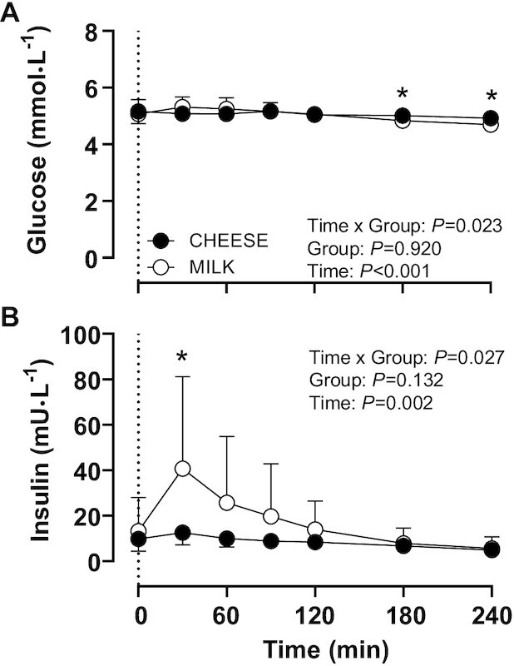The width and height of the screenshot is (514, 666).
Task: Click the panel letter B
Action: pyautogui.click(x=10, y=317)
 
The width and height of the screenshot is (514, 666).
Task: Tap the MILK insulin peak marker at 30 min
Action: pyautogui.click(x=183, y=469)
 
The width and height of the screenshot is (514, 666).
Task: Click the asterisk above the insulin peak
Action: pyautogui.click(x=183, y=359)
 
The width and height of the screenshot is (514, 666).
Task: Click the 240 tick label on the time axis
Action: pyautogui.click(x=491, y=596)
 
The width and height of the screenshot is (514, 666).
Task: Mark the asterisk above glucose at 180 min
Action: pyautogui.click(x=403, y=93)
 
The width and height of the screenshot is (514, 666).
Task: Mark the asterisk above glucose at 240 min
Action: pyautogui.click(x=491, y=93)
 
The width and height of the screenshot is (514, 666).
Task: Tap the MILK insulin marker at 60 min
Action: pyautogui.click(x=226, y=503)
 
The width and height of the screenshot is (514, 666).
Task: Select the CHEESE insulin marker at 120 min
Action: pyautogui.click(x=314, y=542)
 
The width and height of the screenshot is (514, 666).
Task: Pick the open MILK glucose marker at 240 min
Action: pyautogui.click(x=491, y=125)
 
